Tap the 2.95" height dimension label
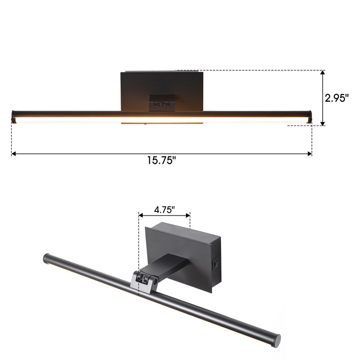[337, 98]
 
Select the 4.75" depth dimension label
[164, 210]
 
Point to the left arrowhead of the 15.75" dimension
[14, 154]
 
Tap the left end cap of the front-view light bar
[13, 116]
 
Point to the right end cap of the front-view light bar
[310, 116]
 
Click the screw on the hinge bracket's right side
[155, 281]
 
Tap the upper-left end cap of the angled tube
[46, 258]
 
